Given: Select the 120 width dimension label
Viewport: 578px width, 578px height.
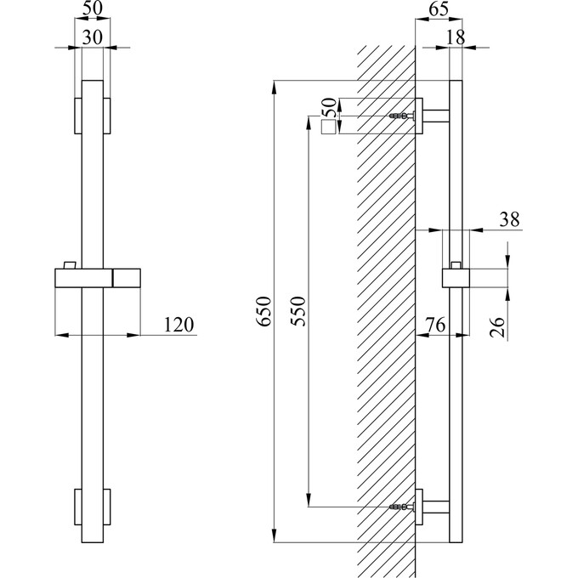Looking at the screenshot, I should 179,324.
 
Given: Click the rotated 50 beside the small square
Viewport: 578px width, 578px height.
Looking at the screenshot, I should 327,107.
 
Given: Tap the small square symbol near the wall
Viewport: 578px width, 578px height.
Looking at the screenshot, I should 328,128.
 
